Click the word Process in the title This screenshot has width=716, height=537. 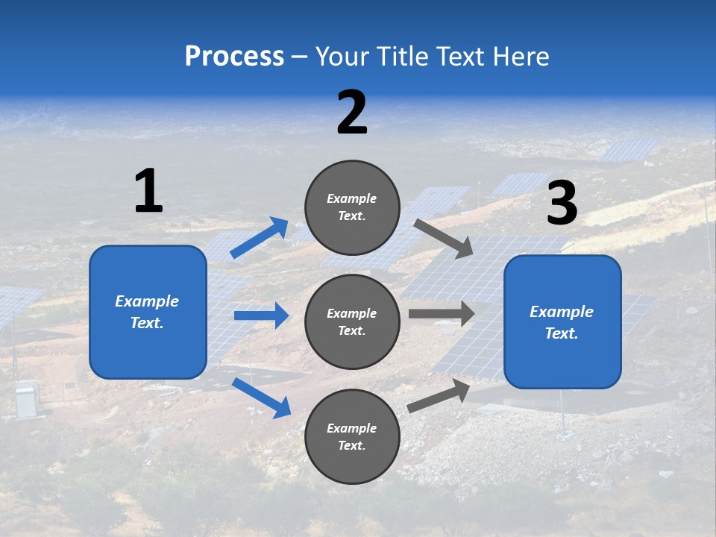(x=234, y=57)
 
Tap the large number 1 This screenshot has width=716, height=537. (x=148, y=192)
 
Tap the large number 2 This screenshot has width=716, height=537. (x=352, y=113)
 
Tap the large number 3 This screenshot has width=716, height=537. (x=562, y=204)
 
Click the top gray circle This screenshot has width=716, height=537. (x=353, y=207)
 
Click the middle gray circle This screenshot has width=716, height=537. (x=353, y=321)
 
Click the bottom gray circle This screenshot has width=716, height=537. (x=353, y=436)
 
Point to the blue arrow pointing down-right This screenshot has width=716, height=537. (x=261, y=398)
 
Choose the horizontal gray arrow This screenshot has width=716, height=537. (x=442, y=314)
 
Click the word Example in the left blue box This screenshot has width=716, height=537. (x=147, y=301)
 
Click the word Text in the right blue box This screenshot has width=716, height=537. (x=561, y=333)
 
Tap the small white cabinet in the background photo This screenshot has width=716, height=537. (x=27, y=400)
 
